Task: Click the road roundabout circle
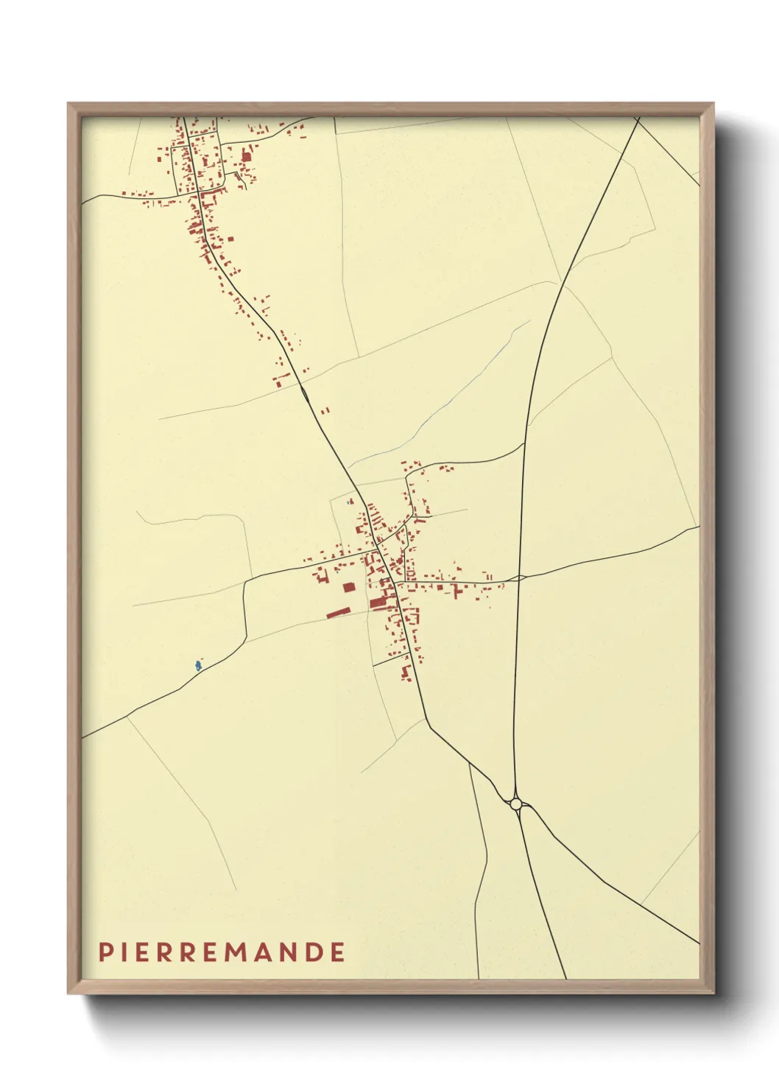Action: [x=515, y=804]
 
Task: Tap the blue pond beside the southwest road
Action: [x=197, y=666]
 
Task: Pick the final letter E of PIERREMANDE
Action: [x=337, y=952]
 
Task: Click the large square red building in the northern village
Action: [x=247, y=156]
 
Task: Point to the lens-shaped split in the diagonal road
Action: [x=305, y=393]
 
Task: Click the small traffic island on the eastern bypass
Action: [x=520, y=578]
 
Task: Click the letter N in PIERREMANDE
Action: [x=291, y=952]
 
